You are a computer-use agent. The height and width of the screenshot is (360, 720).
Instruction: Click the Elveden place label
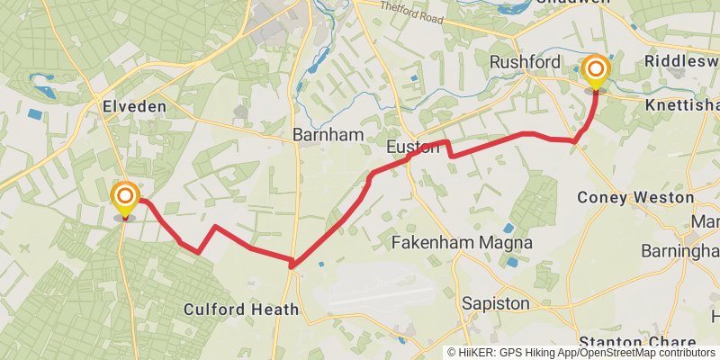click(x=134, y=106)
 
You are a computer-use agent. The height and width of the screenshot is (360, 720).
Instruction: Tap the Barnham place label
click(x=328, y=135)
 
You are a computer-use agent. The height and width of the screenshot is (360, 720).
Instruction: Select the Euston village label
click(x=413, y=148)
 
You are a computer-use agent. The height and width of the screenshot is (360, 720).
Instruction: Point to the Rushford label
click(x=525, y=61)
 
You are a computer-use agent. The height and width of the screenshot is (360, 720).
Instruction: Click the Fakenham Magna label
click(x=463, y=243)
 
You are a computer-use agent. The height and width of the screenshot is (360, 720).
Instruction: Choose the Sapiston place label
click(x=495, y=304)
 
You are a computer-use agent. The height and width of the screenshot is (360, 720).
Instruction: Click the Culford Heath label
click(x=240, y=310)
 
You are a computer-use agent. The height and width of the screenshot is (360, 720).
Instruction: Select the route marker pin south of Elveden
click(x=125, y=199)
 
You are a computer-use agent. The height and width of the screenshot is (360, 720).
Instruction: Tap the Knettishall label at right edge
click(x=684, y=104)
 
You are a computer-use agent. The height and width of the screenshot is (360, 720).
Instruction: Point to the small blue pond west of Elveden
click(x=34, y=114)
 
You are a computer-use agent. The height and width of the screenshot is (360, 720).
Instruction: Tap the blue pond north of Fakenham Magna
click(x=509, y=229)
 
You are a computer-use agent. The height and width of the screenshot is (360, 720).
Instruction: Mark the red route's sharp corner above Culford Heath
click(x=292, y=264)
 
